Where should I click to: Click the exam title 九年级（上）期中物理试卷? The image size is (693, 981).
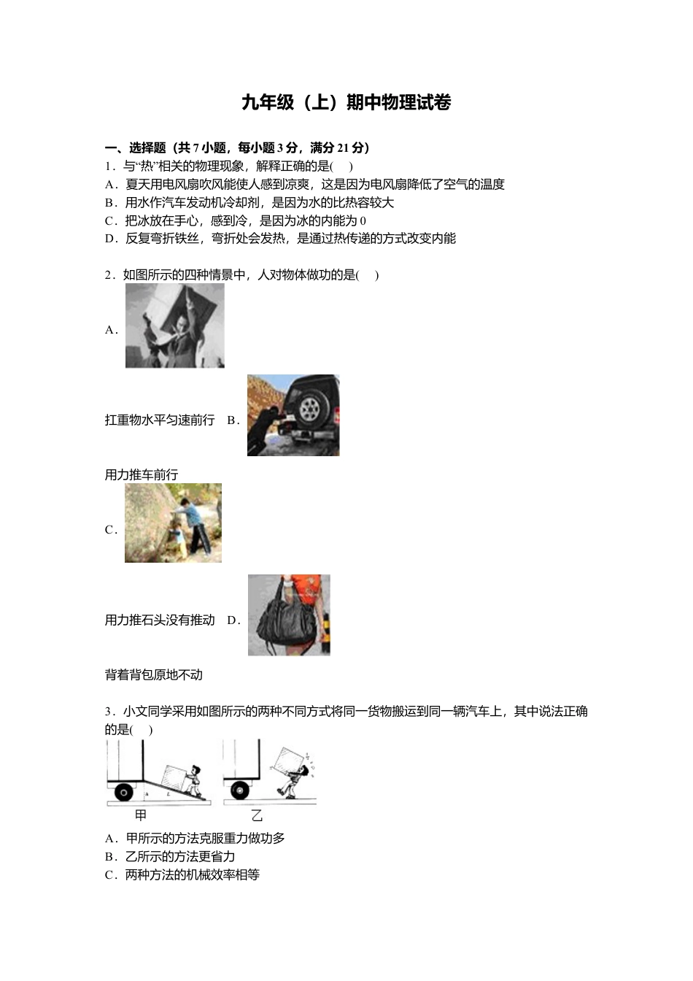(346, 103)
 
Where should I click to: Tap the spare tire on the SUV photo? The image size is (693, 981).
(310, 409)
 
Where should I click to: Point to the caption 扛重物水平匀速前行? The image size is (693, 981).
(160, 420)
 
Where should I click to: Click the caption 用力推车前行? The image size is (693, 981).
(142, 474)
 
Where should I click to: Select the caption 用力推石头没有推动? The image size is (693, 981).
(160, 620)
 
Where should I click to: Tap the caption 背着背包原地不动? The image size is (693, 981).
(154, 674)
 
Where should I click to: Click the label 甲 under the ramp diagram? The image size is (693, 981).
(141, 815)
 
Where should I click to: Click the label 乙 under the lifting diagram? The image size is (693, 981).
(257, 815)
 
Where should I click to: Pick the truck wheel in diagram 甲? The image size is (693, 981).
(123, 791)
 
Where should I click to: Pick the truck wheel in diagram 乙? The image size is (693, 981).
(239, 790)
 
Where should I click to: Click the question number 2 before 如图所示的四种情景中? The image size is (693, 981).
(109, 275)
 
